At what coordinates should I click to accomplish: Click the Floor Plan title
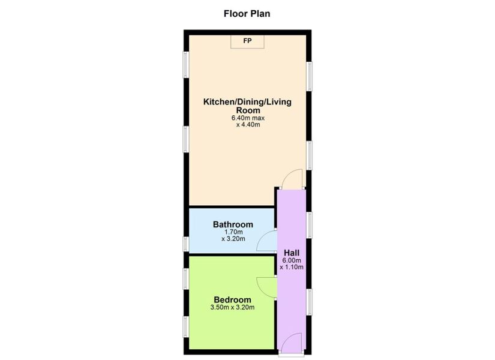(x=247, y=13)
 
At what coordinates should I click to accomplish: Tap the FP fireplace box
(x=247, y=41)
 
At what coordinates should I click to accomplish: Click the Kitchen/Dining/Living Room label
(x=247, y=106)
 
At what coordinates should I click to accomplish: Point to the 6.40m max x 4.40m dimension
(x=247, y=122)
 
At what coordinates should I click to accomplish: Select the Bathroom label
(x=233, y=225)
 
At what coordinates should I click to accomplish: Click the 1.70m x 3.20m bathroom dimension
(x=233, y=235)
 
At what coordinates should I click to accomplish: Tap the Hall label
(x=291, y=253)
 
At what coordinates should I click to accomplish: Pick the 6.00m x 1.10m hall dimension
(x=291, y=264)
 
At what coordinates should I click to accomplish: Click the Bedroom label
(x=232, y=299)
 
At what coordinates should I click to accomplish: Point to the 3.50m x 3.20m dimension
(x=232, y=308)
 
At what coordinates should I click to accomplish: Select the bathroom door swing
(x=265, y=242)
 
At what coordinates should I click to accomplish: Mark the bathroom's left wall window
(x=186, y=243)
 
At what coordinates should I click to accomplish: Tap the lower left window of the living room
(x=186, y=142)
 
